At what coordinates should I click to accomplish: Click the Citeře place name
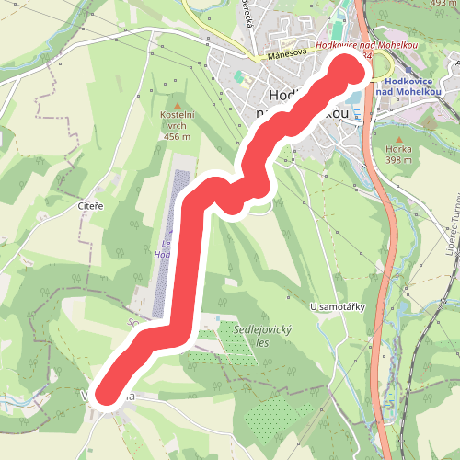(x=90, y=208)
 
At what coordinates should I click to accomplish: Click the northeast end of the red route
(x=347, y=70)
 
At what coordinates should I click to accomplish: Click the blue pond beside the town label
(x=352, y=98)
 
